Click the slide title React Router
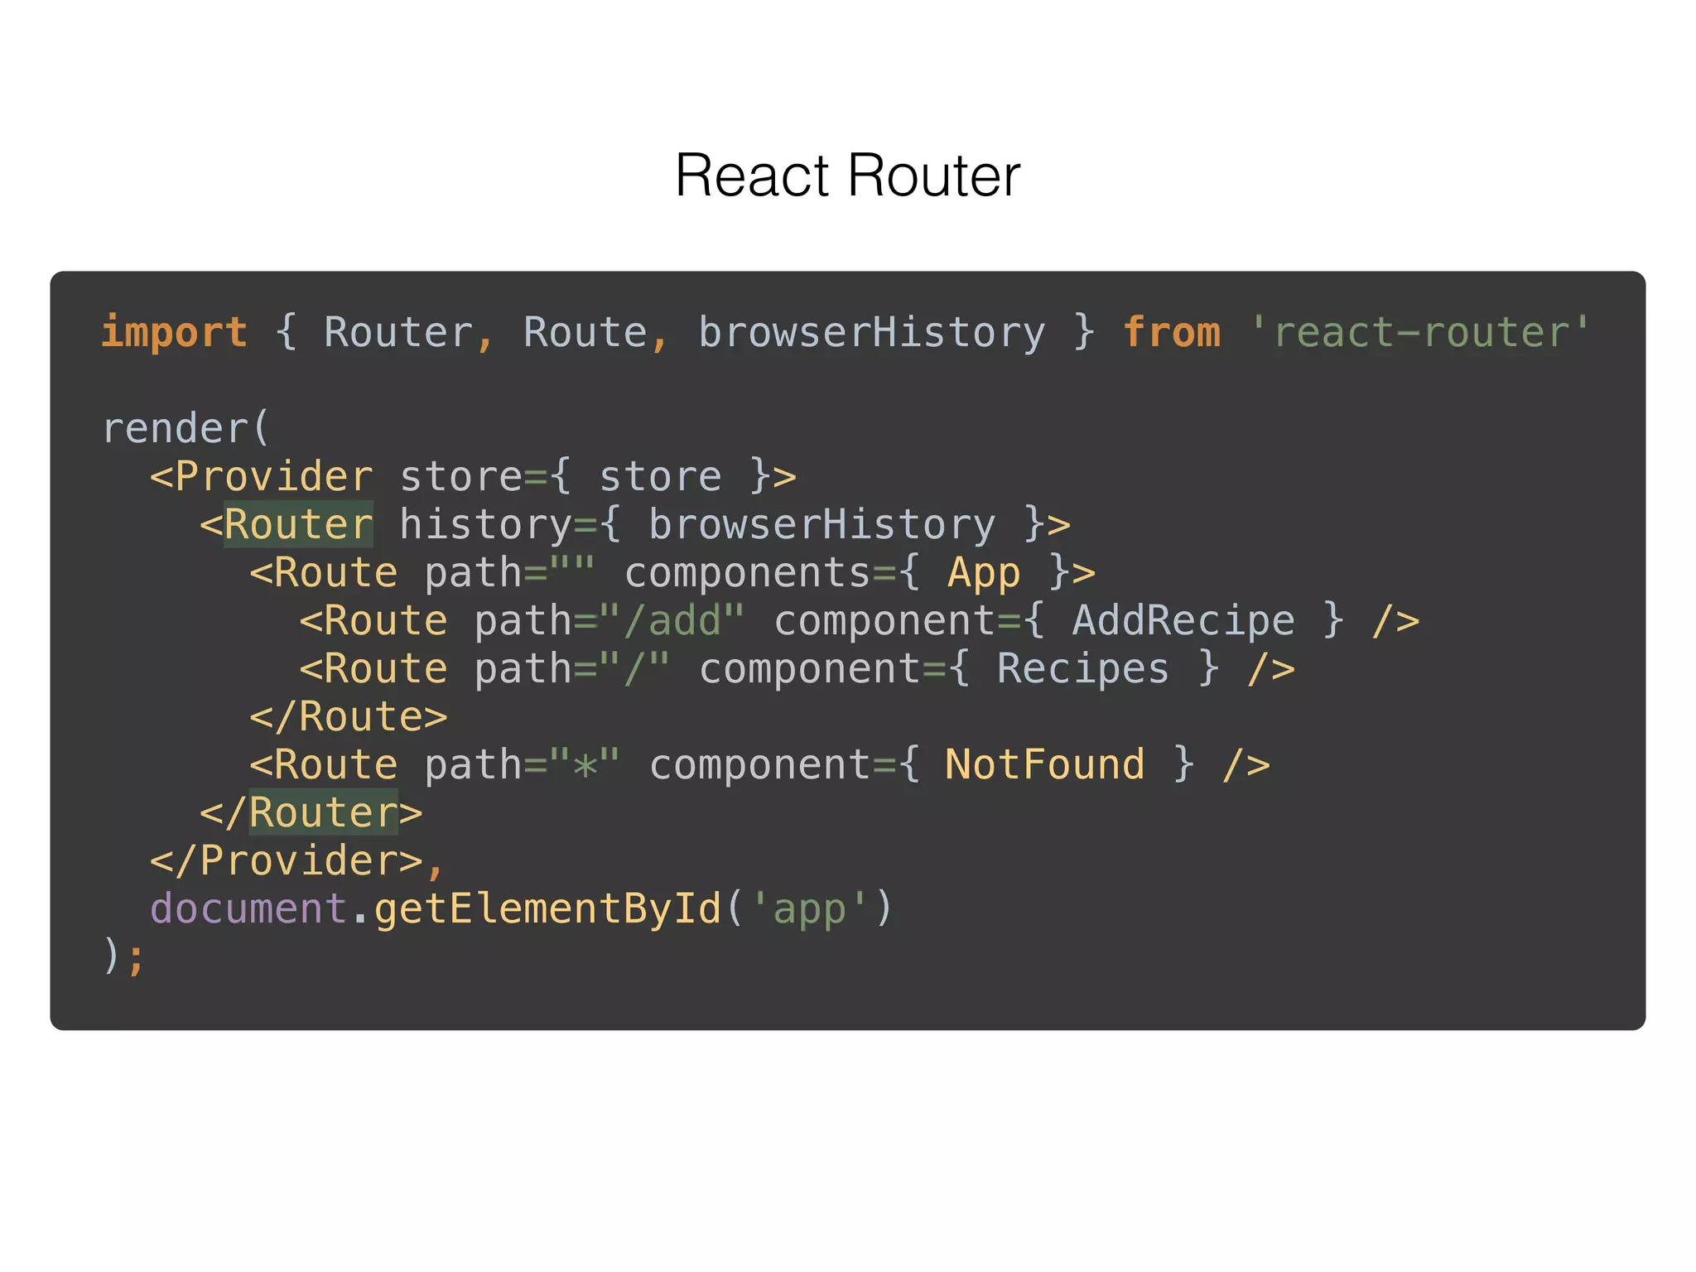847,176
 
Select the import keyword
174,333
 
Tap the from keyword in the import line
1171,333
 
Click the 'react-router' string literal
1419,333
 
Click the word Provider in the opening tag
273,477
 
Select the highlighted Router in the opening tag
298,525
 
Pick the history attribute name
485,525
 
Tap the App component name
983,573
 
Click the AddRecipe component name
1183,621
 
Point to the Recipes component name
1082,669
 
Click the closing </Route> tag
348,717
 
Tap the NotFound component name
1044,765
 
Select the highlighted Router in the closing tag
323,813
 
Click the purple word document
248,909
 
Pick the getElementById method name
547,909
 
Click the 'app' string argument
809,909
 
